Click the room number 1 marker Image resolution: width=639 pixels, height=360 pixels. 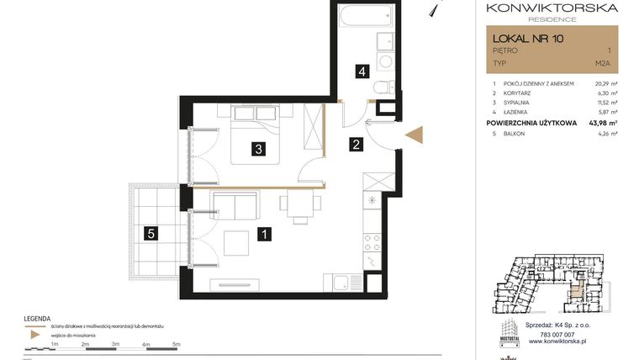265,235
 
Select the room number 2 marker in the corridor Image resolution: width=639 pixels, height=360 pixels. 356,145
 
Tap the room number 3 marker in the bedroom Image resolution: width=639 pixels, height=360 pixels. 260,150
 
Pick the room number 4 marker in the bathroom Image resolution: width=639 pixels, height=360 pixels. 362,71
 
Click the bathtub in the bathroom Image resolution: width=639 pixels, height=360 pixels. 366,16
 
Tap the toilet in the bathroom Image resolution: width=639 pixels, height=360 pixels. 379,87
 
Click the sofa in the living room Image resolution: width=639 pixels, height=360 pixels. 235,204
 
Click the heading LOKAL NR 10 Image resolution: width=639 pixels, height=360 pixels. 528,38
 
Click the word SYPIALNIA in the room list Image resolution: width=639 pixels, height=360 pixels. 520,102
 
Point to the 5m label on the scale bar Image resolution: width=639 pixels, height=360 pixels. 177,344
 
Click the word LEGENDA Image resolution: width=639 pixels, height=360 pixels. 38,318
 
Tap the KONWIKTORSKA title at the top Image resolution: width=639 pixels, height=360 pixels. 552,8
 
